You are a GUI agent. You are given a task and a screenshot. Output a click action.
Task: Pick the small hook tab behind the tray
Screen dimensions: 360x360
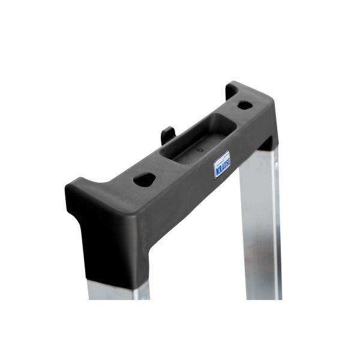click(x=168, y=132)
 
